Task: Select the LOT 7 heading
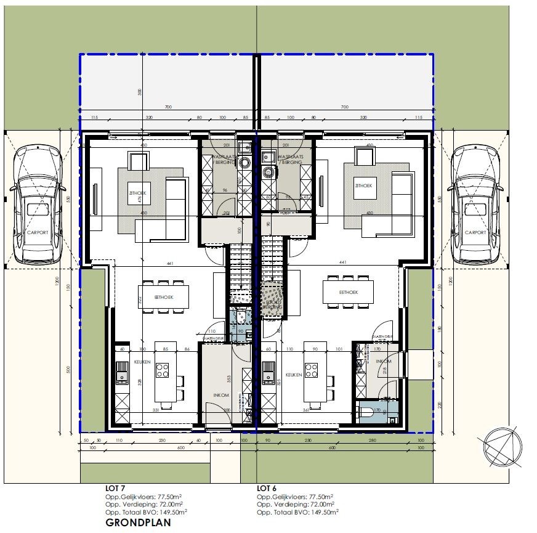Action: (x=115, y=487)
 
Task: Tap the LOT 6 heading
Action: (x=267, y=487)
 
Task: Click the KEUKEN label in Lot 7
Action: (x=143, y=362)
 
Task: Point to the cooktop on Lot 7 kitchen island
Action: (x=163, y=370)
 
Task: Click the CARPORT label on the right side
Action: (x=475, y=233)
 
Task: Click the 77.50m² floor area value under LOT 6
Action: (x=321, y=495)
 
